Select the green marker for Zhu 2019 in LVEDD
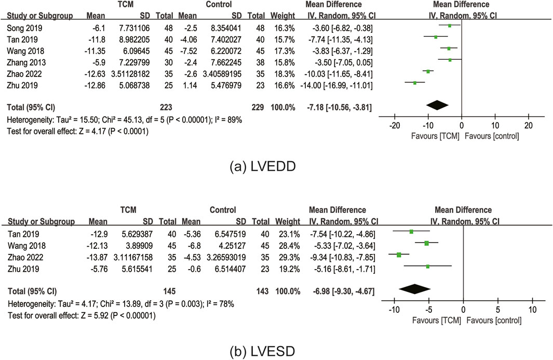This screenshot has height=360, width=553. (x=415, y=83)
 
